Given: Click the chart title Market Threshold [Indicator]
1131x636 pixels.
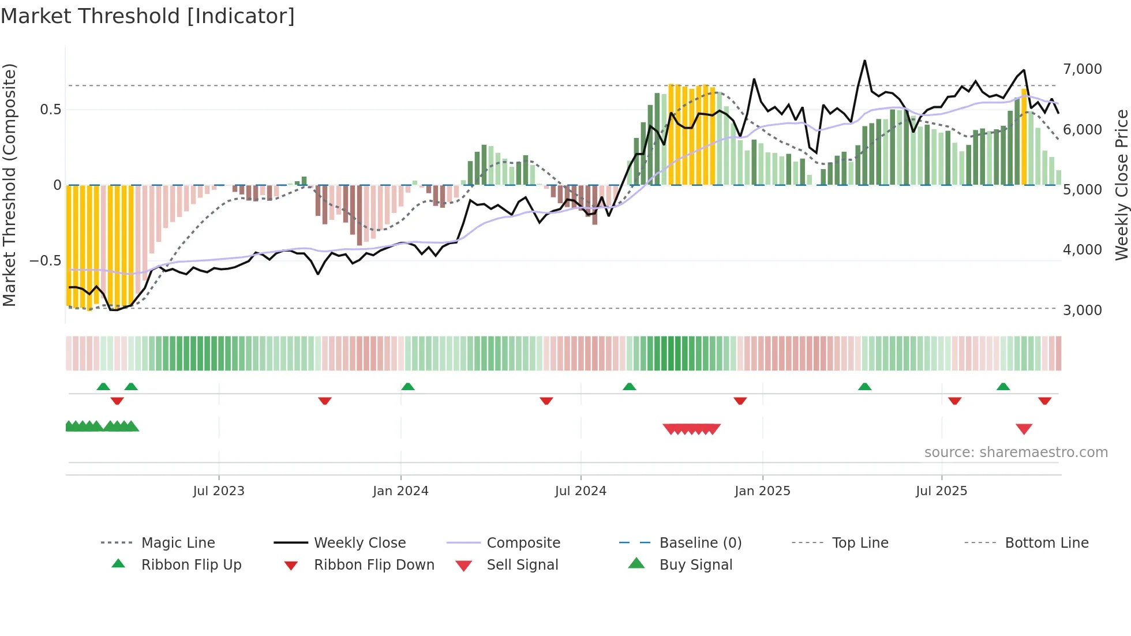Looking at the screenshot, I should coord(148,16).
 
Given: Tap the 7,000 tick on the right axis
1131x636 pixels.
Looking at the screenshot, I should coord(1082,69).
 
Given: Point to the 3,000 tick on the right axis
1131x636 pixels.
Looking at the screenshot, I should coord(1082,310).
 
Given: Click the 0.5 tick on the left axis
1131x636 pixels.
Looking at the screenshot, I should coord(50,110).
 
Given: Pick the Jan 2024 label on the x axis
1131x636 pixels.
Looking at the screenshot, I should coord(400,491).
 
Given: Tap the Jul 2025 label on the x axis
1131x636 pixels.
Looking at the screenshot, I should coord(941,491).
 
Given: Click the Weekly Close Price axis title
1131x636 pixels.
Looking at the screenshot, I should coord(1121,185).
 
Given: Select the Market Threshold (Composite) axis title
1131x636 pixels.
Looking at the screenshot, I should coord(9,185).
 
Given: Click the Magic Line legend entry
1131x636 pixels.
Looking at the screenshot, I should coord(178,543).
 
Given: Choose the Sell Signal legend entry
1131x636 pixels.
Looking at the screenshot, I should coord(522,565).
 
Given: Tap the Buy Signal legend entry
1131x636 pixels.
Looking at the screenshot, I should coord(695,565).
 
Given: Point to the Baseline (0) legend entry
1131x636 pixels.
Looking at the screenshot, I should coord(700,543).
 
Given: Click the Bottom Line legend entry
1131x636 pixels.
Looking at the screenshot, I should coord(1046,543).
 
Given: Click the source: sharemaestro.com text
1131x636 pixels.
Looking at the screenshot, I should coord(1016,452).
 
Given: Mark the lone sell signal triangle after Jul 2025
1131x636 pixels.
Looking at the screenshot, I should coord(1024,429).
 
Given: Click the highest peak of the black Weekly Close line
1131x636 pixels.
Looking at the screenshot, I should coord(864,61).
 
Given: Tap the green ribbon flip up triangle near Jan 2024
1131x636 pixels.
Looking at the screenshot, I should coord(408,387).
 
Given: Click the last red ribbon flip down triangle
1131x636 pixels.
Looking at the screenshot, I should coord(1044,401).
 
